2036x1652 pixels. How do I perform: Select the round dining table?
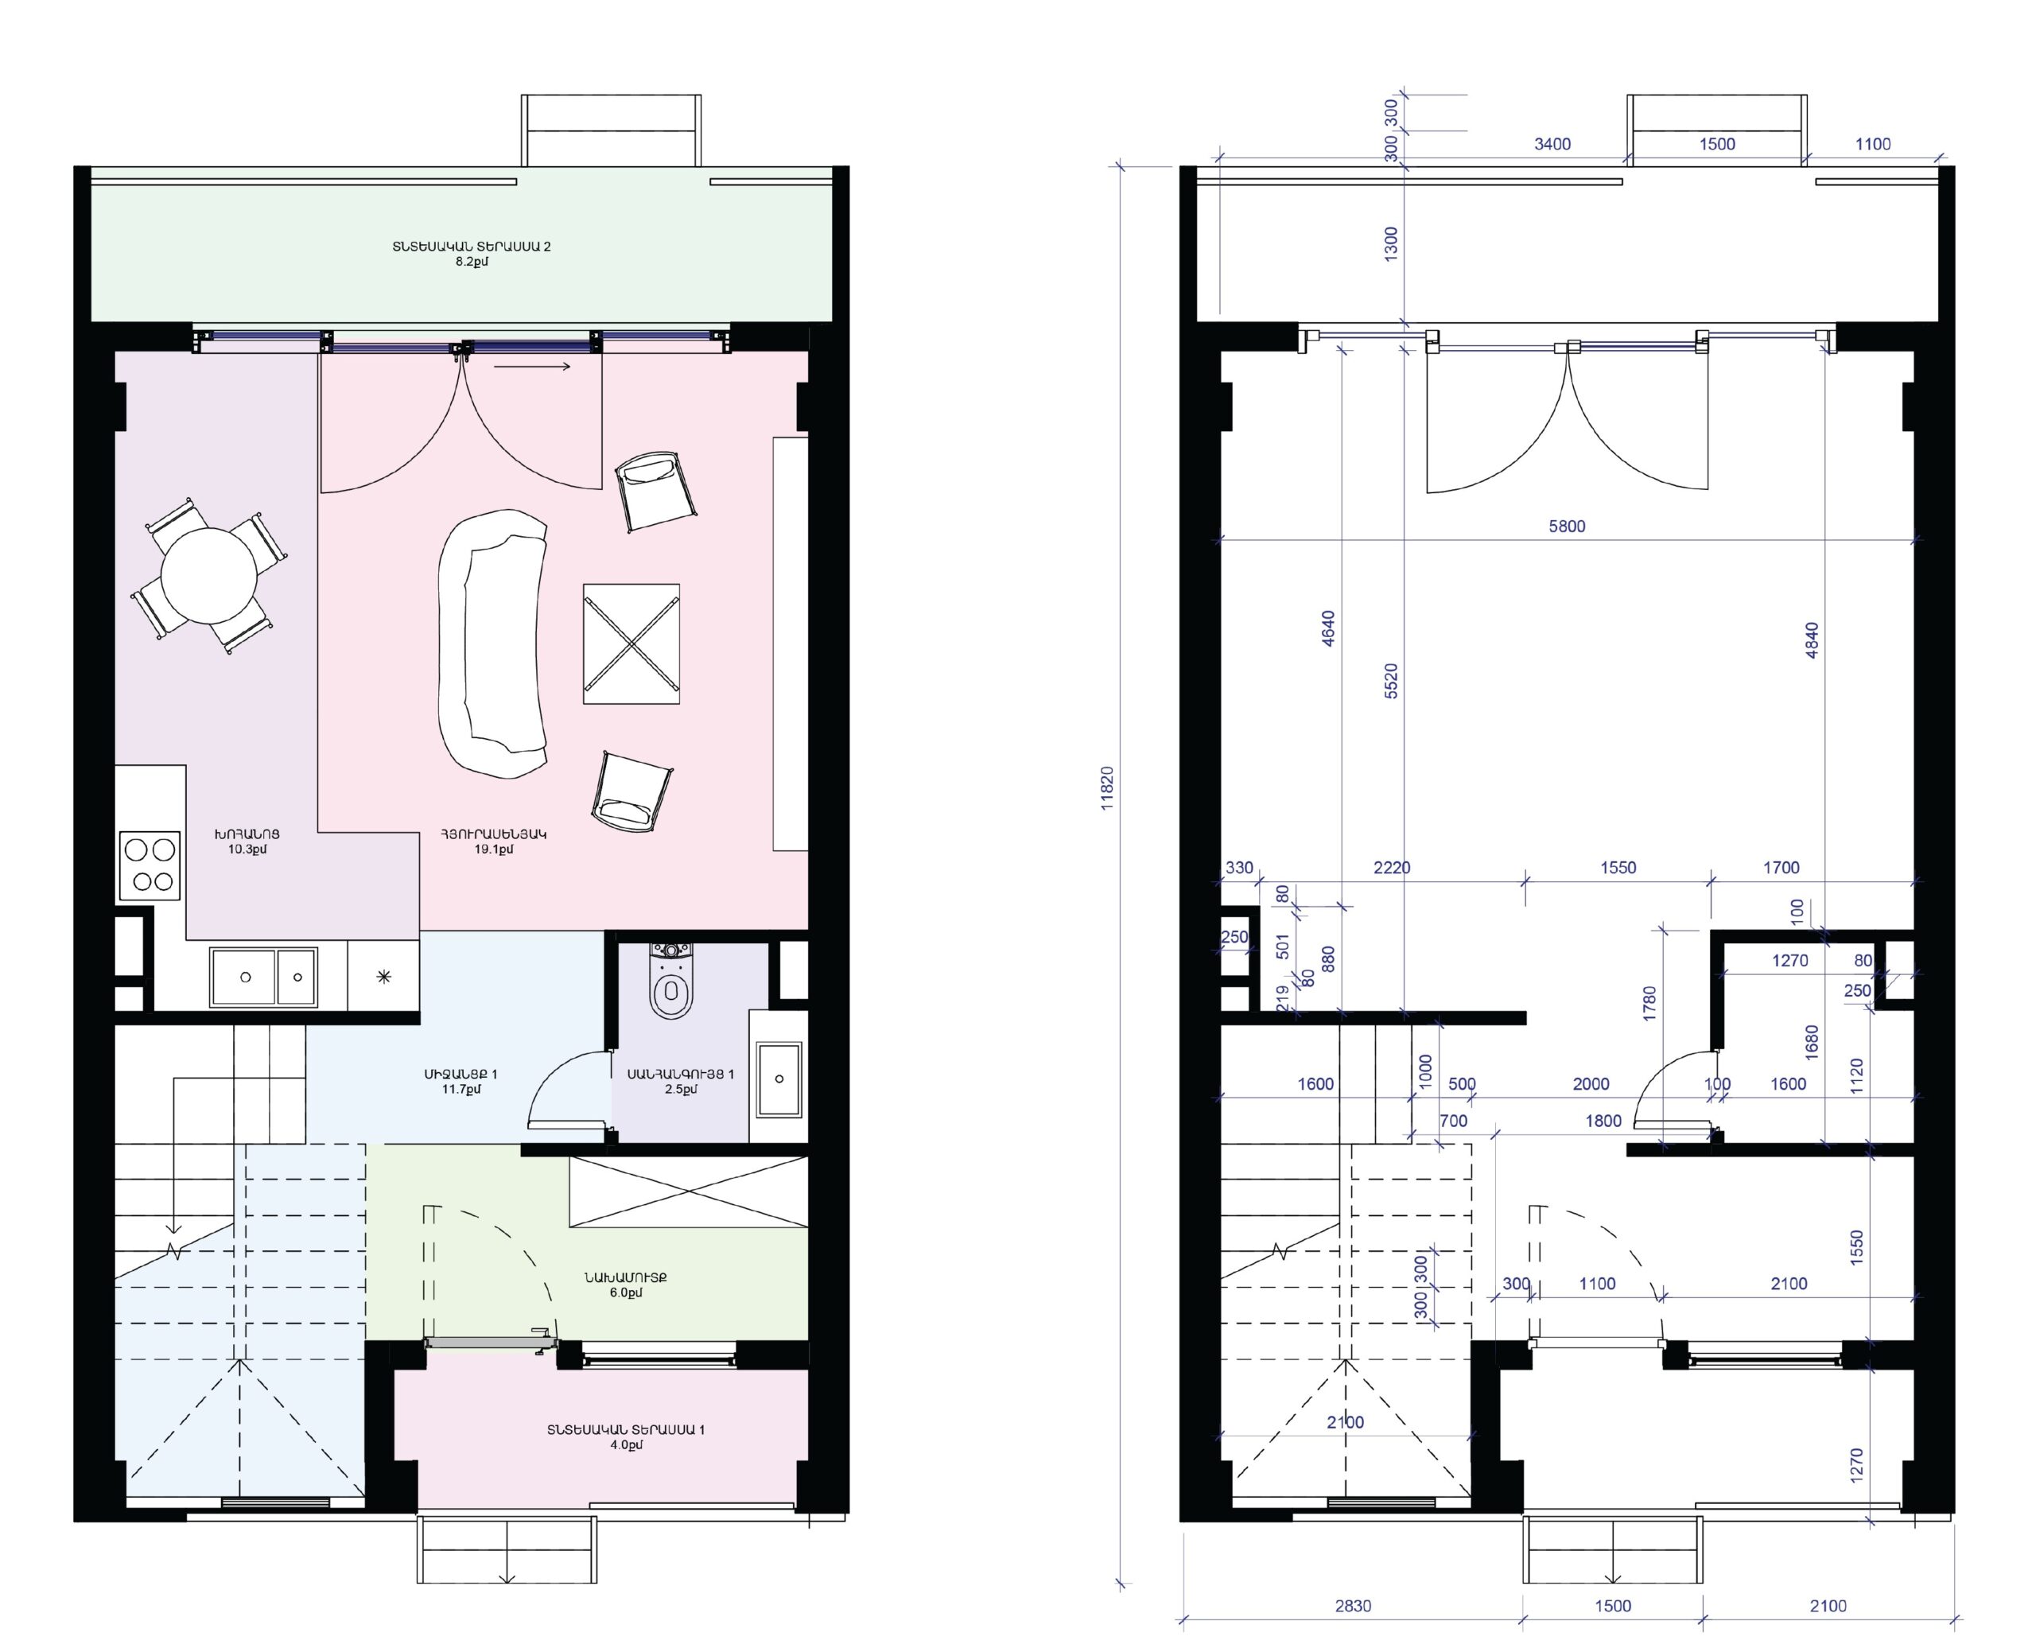click(208, 576)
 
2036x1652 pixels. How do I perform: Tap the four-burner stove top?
click(150, 865)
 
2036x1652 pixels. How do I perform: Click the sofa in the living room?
click(493, 643)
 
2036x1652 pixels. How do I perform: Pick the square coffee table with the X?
click(631, 643)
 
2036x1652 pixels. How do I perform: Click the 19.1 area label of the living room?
click(494, 849)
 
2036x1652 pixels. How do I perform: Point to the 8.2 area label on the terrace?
click(471, 262)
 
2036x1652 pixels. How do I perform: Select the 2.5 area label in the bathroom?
click(680, 1090)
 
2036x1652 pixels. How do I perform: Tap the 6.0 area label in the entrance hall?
click(625, 1293)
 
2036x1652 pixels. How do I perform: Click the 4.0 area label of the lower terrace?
click(625, 1445)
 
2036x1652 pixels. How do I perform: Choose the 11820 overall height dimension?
click(1106, 788)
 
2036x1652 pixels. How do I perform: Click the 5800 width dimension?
click(1567, 527)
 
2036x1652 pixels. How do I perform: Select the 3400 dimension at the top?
click(1552, 144)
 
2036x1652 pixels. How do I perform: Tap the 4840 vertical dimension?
click(1812, 640)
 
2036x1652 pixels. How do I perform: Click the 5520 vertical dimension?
click(1391, 682)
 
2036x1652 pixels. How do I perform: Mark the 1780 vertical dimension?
click(1649, 1004)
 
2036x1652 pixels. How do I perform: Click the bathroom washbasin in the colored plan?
click(779, 1079)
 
